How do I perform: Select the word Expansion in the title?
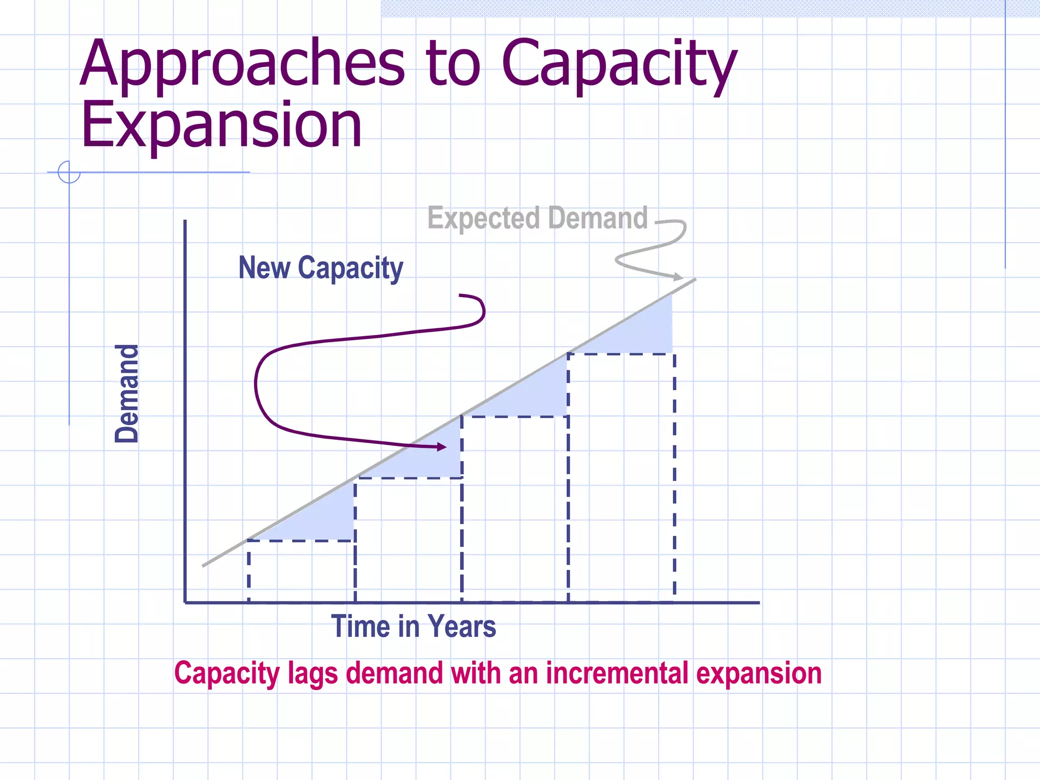tap(221, 125)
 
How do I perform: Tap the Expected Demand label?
tap(537, 218)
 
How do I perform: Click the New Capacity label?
tap(320, 268)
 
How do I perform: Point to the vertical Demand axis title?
tap(126, 394)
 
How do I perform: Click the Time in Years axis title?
tap(413, 626)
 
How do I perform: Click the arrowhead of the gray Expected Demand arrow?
tap(679, 277)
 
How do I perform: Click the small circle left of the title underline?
tap(69, 172)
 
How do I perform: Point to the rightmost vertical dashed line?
tap(674, 477)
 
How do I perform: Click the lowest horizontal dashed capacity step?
tap(301, 541)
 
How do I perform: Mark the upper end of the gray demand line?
tap(694, 280)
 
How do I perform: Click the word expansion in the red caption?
tap(759, 673)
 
